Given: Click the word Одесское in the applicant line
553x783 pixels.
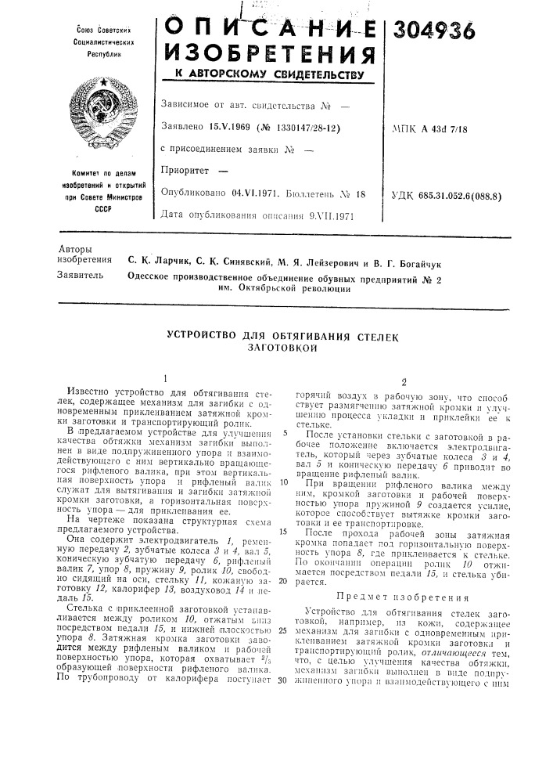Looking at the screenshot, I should [155, 279].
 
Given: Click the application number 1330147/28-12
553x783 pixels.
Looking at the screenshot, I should [302, 126].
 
